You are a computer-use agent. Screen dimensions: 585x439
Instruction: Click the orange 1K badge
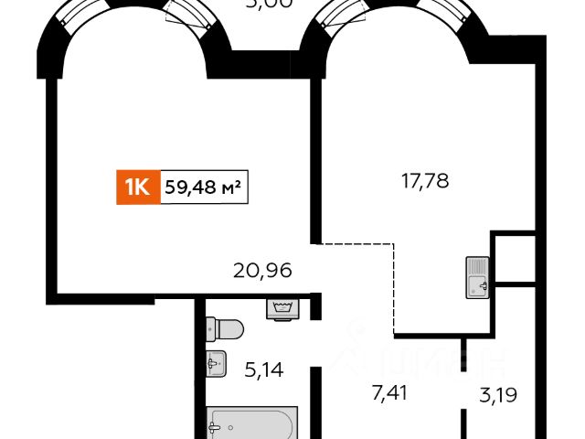[137, 187]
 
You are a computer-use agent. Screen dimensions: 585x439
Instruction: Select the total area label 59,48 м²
[204, 187]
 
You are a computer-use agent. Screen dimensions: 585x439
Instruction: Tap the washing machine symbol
[284, 308]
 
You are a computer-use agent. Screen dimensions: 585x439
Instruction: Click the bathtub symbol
[251, 424]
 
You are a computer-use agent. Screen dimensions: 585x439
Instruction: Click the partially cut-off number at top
[269, 4]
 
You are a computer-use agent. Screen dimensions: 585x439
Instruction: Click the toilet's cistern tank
[211, 328]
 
